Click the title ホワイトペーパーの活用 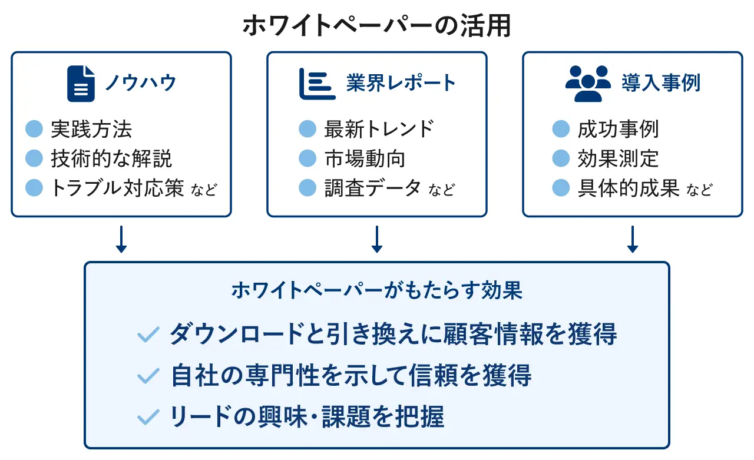(376, 27)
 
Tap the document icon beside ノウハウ (81, 83)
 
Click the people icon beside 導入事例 (588, 83)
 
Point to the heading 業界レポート (401, 83)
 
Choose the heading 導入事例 (661, 83)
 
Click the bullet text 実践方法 (91, 129)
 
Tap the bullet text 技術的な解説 (111, 158)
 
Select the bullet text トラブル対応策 (118, 188)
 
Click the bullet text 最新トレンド (379, 129)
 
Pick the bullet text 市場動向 (365, 158)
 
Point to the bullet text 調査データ (372, 188)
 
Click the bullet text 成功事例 (618, 129)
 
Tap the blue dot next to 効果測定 (561, 158)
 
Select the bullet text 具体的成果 (629, 188)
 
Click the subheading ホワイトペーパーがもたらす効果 (377, 291)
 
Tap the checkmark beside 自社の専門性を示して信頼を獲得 (148, 376)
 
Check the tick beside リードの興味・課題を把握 (148, 417)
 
